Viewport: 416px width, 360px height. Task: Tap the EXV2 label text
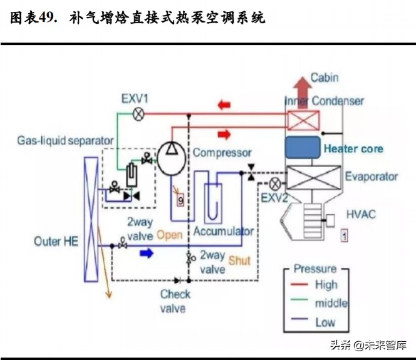274,198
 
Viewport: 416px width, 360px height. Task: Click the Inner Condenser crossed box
303,118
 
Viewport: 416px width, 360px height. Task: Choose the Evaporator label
371,177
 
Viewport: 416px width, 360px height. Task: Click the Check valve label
175,301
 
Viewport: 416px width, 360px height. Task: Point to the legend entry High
326,285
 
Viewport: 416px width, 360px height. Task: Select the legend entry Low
325,322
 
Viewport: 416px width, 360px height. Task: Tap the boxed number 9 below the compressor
180,200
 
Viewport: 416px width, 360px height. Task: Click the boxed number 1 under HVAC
344,235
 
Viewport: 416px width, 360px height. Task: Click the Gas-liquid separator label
65,140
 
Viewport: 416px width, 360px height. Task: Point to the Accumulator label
223,231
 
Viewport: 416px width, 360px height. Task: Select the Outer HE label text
57,241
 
